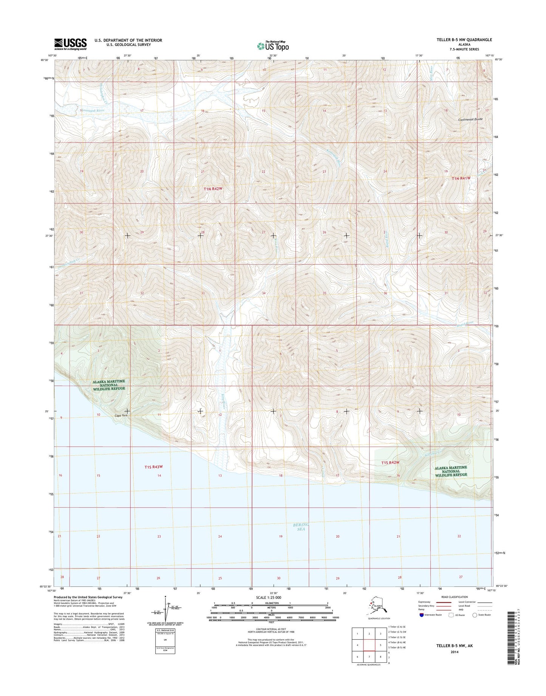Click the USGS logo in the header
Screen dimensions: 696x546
coord(70,44)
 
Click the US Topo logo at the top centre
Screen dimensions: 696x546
coord(273,46)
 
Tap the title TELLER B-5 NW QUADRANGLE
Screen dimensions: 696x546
coord(464,40)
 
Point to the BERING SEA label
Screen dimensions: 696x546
coord(301,527)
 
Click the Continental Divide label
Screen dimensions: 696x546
coord(470,119)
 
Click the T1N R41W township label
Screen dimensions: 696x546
coord(461,178)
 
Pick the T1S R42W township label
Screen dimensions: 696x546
coord(390,462)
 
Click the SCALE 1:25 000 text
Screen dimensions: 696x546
coord(271,597)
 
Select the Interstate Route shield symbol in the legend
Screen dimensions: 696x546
coord(421,615)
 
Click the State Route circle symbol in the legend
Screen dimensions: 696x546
coord(475,615)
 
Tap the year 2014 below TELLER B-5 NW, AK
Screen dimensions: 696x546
coord(454,652)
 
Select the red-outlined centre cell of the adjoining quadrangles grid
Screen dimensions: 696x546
coord(369,645)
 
